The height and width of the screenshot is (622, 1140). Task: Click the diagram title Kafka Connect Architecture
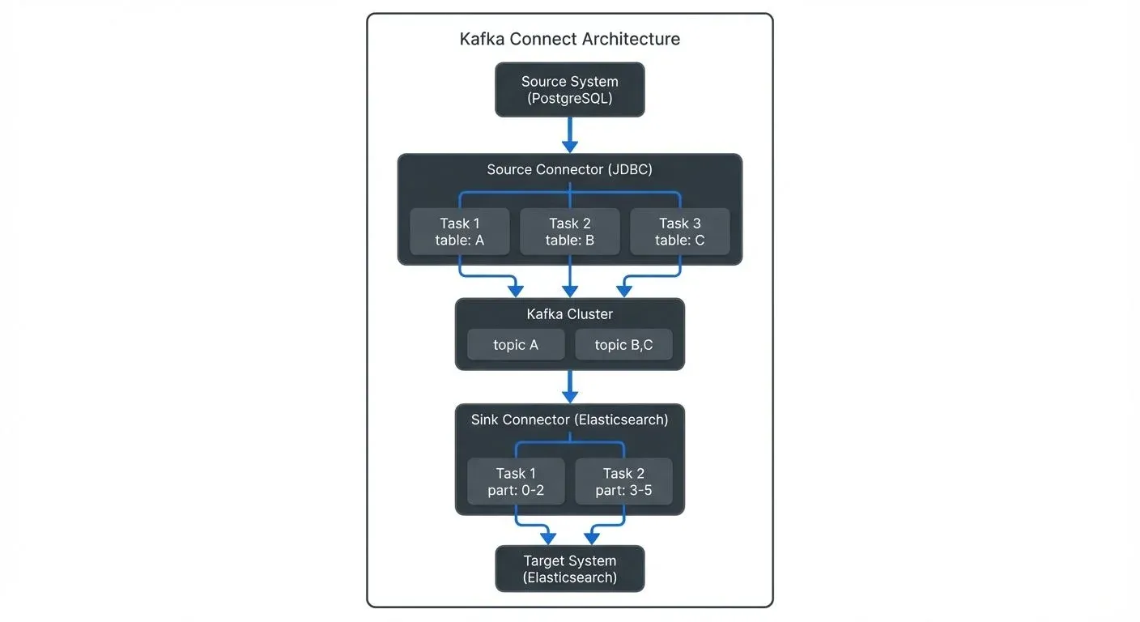click(569, 39)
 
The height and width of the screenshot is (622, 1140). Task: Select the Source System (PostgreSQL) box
click(569, 90)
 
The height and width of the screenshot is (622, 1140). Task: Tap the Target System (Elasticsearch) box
click(569, 569)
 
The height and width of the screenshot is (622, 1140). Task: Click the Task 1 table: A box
click(459, 232)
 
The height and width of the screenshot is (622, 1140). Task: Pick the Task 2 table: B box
click(569, 232)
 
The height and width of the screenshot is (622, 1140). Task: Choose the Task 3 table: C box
click(679, 232)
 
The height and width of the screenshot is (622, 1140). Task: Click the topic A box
click(515, 345)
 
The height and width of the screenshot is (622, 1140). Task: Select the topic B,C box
click(623, 345)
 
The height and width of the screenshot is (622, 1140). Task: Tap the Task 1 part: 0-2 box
click(515, 482)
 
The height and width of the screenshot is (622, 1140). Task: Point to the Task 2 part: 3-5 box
click(623, 482)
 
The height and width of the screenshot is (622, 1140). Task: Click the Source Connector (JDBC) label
click(569, 170)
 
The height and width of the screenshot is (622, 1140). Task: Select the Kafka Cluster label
click(569, 314)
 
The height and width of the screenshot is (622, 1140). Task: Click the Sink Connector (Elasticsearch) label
click(569, 420)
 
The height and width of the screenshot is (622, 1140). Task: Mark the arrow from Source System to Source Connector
click(570, 134)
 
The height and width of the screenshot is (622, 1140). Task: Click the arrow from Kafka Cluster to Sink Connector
click(570, 386)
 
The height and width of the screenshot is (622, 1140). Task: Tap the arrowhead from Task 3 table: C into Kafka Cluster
click(624, 291)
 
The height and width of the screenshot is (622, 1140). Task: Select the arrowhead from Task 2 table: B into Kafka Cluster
click(570, 291)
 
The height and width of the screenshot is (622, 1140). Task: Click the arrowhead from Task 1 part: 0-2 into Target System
click(548, 538)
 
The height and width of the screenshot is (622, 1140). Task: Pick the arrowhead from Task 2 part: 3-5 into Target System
click(592, 538)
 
